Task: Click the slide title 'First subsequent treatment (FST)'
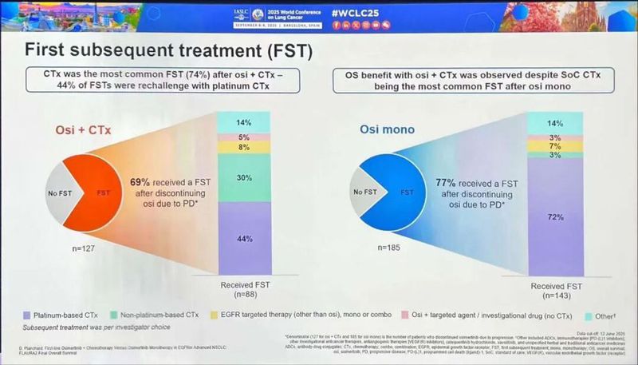pos(167,50)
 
